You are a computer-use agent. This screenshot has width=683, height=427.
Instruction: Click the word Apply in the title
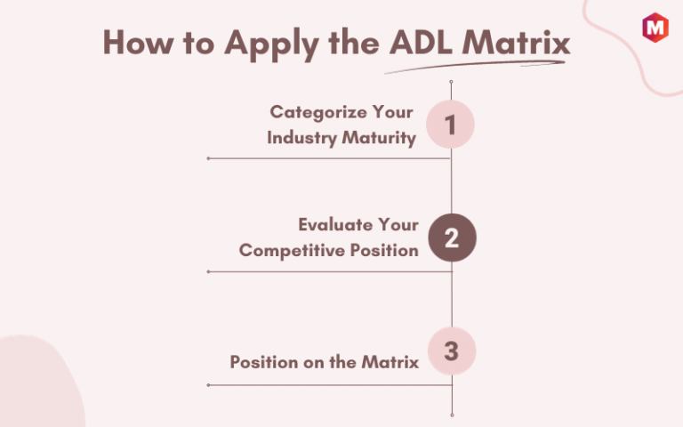pyautogui.click(x=272, y=44)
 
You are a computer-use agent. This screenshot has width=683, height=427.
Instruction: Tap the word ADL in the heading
pyautogui.click(x=421, y=43)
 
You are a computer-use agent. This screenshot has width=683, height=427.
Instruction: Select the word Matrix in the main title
pyautogui.click(x=516, y=43)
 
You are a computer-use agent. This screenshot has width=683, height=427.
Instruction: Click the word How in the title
pyautogui.click(x=138, y=43)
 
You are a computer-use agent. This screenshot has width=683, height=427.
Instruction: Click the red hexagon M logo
pyautogui.click(x=655, y=28)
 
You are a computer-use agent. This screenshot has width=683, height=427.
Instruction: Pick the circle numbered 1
pyautogui.click(x=450, y=125)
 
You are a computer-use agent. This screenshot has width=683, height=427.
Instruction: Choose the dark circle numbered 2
pyautogui.click(x=452, y=238)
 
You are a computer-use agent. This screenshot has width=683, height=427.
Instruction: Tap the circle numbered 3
pyautogui.click(x=452, y=350)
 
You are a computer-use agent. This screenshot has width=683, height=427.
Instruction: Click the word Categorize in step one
pyautogui.click(x=317, y=113)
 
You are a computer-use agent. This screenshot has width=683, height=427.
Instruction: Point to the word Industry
pyautogui.click(x=301, y=138)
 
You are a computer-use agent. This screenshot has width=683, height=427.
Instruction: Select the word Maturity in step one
pyautogui.click(x=379, y=138)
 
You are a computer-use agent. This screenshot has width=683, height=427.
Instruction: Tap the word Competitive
pyautogui.click(x=292, y=251)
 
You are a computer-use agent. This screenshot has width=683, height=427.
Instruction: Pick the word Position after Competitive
pyautogui.click(x=384, y=251)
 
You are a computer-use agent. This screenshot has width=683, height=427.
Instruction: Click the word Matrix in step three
pyautogui.click(x=390, y=362)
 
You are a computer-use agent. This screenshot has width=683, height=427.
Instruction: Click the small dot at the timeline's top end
pyautogui.click(x=451, y=82)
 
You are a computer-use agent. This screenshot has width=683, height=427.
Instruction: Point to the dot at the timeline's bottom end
pyautogui.click(x=452, y=415)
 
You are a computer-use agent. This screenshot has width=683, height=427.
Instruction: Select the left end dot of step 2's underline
pyautogui.click(x=208, y=272)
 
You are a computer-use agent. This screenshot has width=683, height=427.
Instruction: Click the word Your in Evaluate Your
pyautogui.click(x=398, y=225)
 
